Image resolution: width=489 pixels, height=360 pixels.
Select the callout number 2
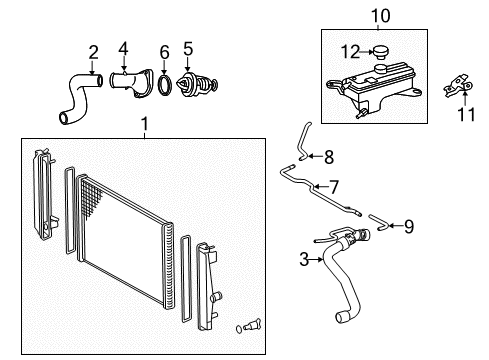pos(93,51)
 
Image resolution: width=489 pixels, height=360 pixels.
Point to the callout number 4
pos(123,47)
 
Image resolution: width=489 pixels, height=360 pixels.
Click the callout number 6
pos(164,52)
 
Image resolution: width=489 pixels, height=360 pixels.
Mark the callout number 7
pos(334,186)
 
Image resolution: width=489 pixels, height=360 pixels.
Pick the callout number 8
pos(328,155)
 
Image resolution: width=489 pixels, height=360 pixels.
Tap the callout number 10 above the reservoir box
pos(379,15)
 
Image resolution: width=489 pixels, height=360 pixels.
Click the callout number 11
pos(461,115)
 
